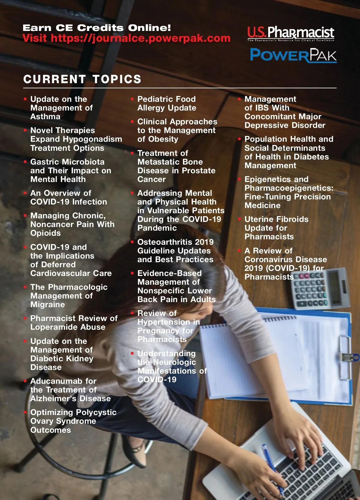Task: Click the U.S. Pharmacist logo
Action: click(290, 33)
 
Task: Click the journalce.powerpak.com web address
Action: click(140, 38)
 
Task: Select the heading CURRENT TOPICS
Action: click(82, 79)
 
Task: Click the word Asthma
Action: click(45, 117)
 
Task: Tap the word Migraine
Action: click(47, 305)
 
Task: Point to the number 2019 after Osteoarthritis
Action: click(204, 242)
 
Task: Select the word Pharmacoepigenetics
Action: click(289, 188)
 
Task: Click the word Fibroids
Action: click(291, 219)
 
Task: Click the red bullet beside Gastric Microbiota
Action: click(25, 162)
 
